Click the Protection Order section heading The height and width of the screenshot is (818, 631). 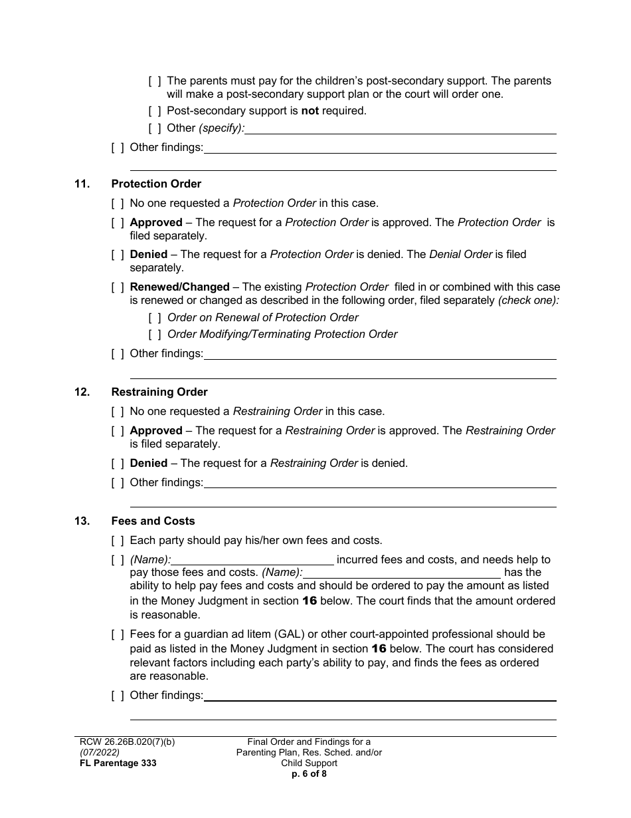(156, 184)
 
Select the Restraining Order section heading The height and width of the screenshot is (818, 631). (159, 392)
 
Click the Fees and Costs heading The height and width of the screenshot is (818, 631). (153, 521)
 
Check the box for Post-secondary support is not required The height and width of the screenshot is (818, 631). (154, 111)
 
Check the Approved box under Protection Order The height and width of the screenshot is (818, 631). (117, 223)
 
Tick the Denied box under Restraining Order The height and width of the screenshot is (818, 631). (117, 463)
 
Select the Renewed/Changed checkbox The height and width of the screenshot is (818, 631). (117, 287)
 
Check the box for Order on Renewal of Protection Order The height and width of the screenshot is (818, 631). (154, 318)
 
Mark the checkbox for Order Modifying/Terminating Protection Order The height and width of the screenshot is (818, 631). (154, 335)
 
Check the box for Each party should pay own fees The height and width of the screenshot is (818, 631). (117, 541)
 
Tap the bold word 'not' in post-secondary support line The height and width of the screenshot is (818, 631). (310, 111)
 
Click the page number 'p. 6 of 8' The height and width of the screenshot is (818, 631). (309, 773)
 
